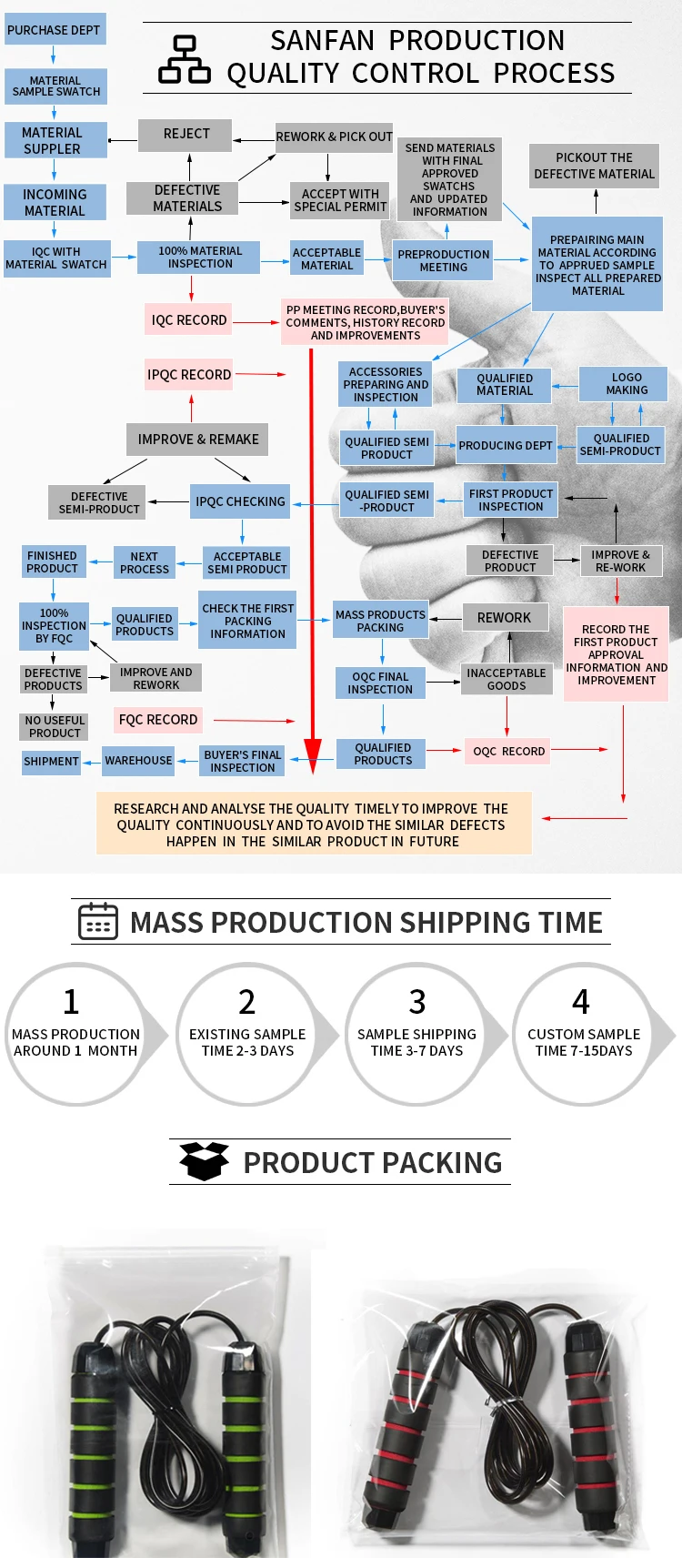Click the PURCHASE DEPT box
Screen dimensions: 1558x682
[x=54, y=30]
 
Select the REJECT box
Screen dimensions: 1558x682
[x=186, y=134]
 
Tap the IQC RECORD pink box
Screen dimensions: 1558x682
[x=189, y=319]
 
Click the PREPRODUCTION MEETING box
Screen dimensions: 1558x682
[x=444, y=260]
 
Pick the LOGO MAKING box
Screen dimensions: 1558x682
[x=627, y=383]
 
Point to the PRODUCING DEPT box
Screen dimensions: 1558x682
[x=506, y=445]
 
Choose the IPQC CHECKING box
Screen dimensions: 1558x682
[x=240, y=501]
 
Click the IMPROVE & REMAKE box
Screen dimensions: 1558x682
[x=197, y=439]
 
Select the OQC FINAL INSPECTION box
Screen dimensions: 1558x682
[x=380, y=683]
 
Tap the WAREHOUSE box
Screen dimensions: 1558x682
[x=138, y=761]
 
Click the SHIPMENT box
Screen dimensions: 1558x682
[x=51, y=762]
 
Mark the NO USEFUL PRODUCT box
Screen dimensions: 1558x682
[x=55, y=726]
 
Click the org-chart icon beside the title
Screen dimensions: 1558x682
[x=184, y=59]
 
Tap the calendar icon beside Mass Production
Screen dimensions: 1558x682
[x=97, y=921]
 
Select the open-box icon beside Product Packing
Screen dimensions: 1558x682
[x=204, y=1161]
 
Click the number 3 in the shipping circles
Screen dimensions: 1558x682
[x=417, y=1002]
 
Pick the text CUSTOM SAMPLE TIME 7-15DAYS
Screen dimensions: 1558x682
[x=584, y=1042]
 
